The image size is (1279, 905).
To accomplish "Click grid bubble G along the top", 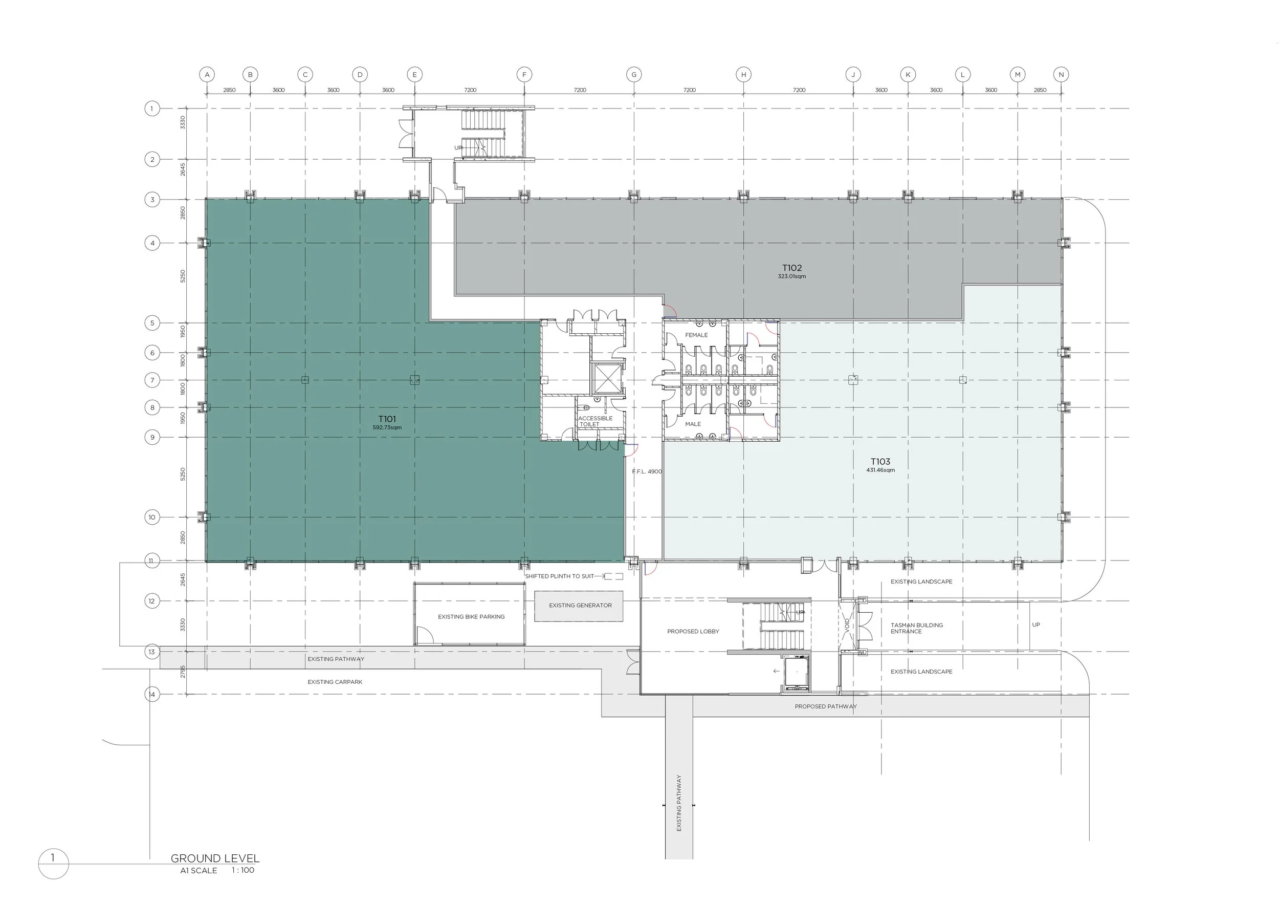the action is pyautogui.click(x=634, y=74).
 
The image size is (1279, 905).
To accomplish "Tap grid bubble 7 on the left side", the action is pyautogui.click(x=152, y=380).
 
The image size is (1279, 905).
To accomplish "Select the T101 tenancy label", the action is pyautogui.click(x=387, y=419).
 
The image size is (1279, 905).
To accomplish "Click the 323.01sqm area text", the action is pyautogui.click(x=791, y=276).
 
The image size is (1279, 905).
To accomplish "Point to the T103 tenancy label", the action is pyautogui.click(x=880, y=461).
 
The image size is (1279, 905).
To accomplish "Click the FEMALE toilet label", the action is pyautogui.click(x=696, y=335).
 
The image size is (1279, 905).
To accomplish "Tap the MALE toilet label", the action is pyautogui.click(x=693, y=424).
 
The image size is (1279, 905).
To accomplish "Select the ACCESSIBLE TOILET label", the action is pyautogui.click(x=595, y=421).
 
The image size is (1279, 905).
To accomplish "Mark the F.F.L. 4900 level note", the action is pyautogui.click(x=647, y=471).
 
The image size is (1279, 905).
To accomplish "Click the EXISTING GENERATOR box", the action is pyautogui.click(x=579, y=606).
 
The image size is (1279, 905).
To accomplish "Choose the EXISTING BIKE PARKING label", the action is pyautogui.click(x=471, y=617).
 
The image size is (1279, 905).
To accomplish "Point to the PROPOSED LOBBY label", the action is pyautogui.click(x=693, y=631).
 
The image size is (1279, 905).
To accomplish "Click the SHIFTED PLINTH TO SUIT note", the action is pyautogui.click(x=559, y=576).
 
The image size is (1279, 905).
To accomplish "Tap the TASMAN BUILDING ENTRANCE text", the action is pyautogui.click(x=917, y=628).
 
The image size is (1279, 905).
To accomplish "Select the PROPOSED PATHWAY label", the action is pyautogui.click(x=826, y=706).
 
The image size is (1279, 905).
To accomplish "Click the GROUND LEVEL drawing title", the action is pyautogui.click(x=215, y=859).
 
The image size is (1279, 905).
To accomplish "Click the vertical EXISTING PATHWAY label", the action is pyautogui.click(x=679, y=803).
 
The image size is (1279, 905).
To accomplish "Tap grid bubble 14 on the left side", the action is pyautogui.click(x=152, y=694).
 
